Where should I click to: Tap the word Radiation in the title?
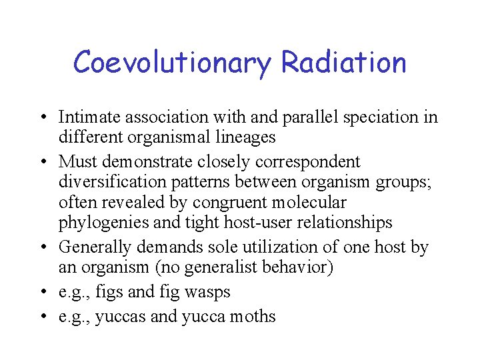coord(343,63)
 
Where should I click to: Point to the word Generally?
coord(95,247)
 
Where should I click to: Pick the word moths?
coord(251,316)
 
